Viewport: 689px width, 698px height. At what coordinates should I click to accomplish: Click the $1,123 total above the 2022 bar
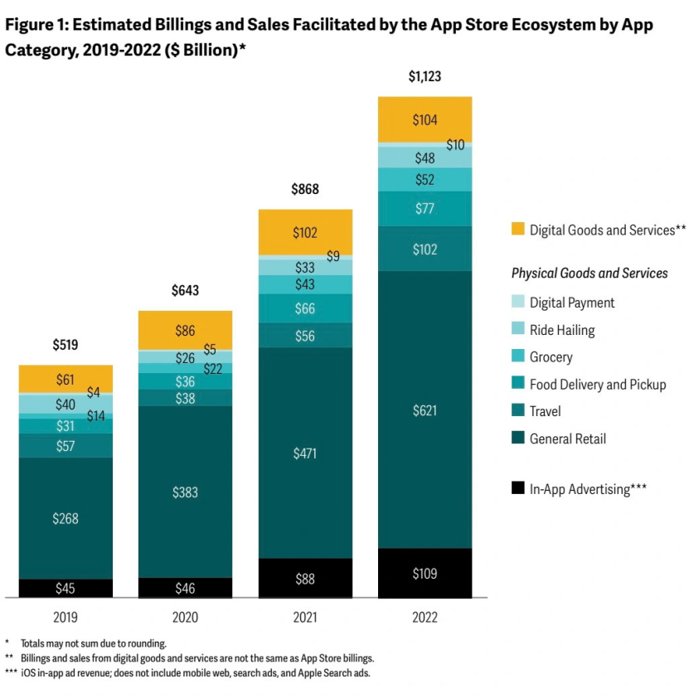tap(425, 77)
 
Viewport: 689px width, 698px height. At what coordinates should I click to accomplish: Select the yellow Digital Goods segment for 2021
tap(305, 233)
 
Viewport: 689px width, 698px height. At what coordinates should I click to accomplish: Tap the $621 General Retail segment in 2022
tap(425, 410)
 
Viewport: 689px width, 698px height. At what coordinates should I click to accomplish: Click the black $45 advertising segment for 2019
tap(66, 588)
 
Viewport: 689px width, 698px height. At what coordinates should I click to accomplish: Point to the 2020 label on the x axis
tap(185, 618)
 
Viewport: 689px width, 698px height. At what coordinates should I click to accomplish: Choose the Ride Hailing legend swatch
tap(518, 330)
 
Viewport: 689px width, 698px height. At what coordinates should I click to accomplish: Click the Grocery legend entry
tap(551, 357)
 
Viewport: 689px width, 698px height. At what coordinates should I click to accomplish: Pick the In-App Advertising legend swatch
tap(518, 489)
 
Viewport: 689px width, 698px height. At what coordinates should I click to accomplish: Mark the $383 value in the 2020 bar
tap(185, 492)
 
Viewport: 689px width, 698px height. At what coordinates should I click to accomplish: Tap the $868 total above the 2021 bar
tap(305, 190)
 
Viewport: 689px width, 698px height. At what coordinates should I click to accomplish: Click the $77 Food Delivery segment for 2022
tap(425, 209)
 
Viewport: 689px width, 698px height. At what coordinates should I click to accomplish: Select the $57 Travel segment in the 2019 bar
tap(66, 446)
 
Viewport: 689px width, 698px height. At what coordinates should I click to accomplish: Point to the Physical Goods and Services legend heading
tap(590, 273)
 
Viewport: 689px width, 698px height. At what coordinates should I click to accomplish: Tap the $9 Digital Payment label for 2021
tap(333, 257)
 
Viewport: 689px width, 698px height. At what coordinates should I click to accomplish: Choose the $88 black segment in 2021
tap(305, 579)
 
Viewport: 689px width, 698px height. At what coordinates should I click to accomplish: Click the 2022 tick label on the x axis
tap(425, 618)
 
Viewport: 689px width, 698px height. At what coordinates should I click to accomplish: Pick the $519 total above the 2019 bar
tap(66, 345)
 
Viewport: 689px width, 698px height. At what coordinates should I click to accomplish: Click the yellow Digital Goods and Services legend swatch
tap(518, 230)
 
